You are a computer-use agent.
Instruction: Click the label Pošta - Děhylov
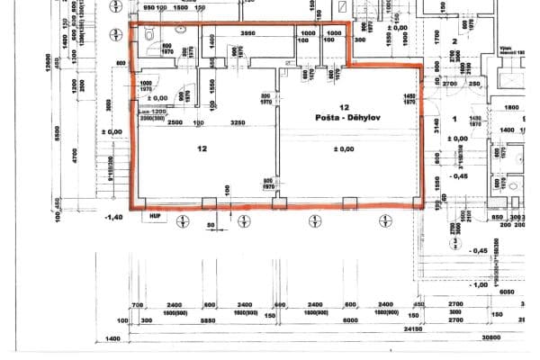[x=346, y=118]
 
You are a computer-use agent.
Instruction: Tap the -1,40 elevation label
[x=112, y=218]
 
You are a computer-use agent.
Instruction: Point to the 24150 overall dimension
[x=438, y=329]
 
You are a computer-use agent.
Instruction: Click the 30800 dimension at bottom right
[x=516, y=337]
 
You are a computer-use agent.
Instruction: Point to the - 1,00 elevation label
[x=478, y=284]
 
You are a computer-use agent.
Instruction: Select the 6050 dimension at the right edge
[x=508, y=292]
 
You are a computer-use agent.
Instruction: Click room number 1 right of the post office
[x=454, y=119]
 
